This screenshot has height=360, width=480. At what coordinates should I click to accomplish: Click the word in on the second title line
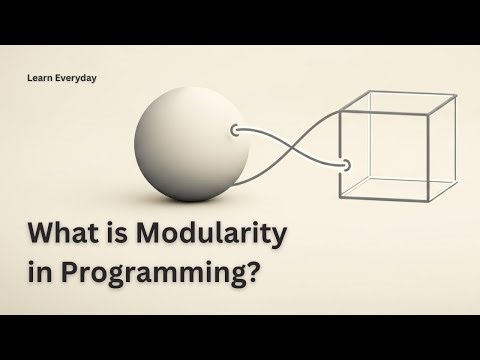tap(39, 274)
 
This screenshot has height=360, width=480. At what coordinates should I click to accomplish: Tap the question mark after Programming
tap(255, 274)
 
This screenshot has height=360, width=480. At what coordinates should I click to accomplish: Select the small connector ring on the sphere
tap(236, 130)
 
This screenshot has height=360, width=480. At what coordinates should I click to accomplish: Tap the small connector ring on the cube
tap(345, 164)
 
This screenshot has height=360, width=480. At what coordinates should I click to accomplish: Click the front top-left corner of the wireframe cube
tap(343, 112)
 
